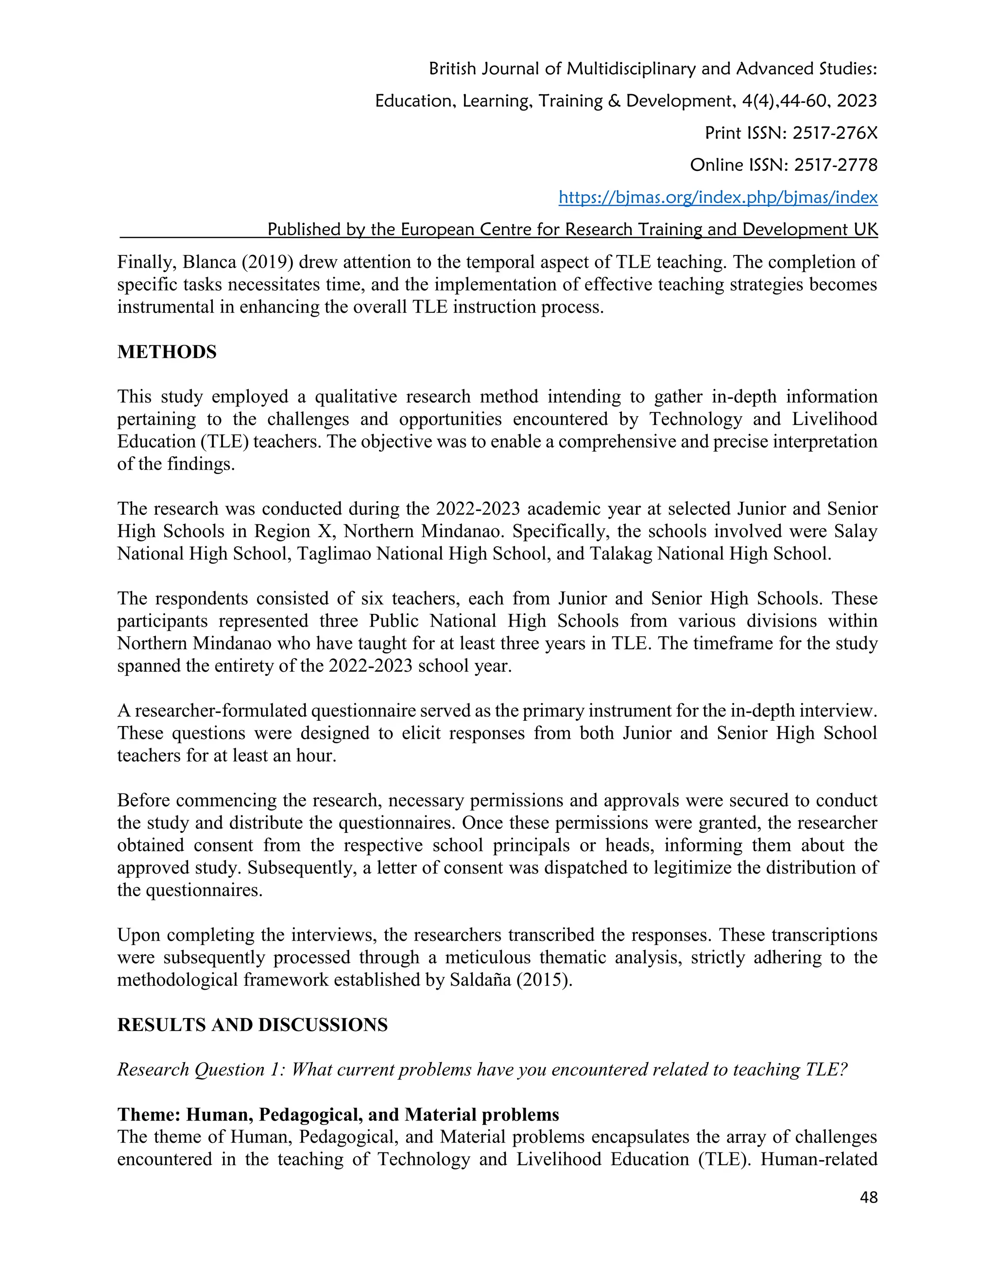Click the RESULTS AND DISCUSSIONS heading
point(252,1025)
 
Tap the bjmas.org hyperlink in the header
point(718,197)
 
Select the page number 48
point(868,1197)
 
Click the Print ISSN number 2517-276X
point(835,133)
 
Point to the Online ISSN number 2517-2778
point(835,165)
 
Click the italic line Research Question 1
point(482,1069)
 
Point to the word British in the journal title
point(452,69)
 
